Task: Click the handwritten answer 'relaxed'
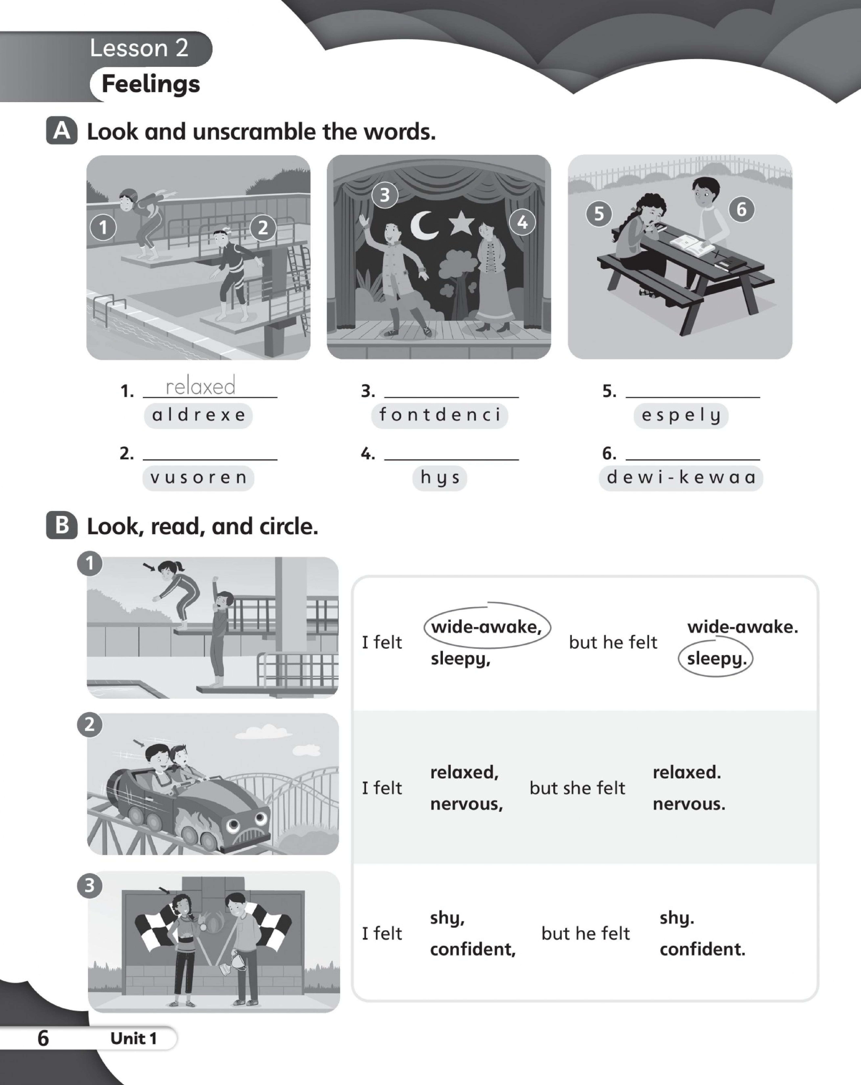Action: (x=200, y=387)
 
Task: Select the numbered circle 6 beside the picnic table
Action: (x=741, y=209)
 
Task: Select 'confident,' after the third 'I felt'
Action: (x=473, y=949)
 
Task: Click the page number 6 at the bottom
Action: (x=43, y=1038)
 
